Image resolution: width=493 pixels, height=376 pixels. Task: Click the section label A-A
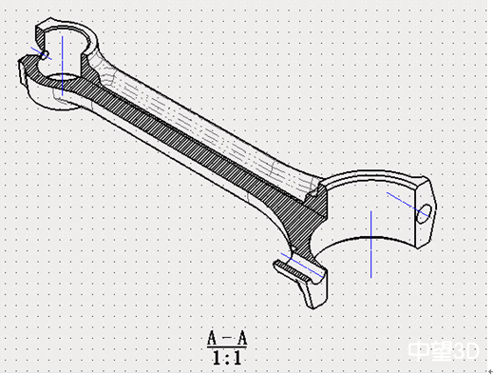point(227,338)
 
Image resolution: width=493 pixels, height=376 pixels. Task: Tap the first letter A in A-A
point(214,338)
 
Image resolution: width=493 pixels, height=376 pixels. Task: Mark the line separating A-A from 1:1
point(227,347)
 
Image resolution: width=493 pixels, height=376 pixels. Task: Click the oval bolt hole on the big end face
point(424,210)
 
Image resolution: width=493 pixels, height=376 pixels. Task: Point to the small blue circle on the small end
point(45,56)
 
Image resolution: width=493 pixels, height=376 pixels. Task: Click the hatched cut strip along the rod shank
point(180,133)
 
